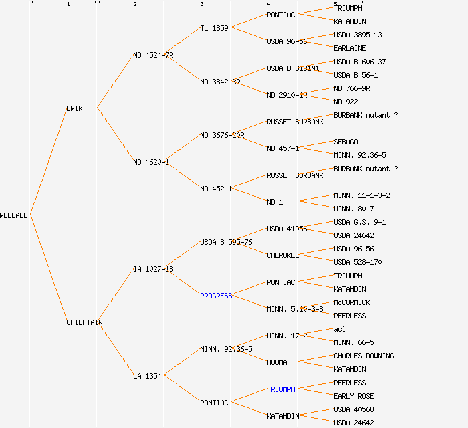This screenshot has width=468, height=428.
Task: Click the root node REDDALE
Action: point(14,215)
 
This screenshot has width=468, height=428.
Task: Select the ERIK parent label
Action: point(74,108)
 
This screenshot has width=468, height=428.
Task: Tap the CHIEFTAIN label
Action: point(84,322)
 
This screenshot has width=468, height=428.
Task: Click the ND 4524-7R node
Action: point(153,55)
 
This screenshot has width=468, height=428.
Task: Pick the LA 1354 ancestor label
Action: point(147,376)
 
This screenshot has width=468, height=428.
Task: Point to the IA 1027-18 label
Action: point(153,269)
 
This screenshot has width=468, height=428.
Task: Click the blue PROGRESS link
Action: point(216,296)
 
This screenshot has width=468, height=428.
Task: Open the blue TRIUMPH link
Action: point(281,389)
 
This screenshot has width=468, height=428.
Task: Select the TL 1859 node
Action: point(214,28)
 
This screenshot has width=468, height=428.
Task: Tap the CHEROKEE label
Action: point(283,255)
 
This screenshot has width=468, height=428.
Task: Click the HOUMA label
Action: point(277,362)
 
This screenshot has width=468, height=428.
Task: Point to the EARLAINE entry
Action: point(350,48)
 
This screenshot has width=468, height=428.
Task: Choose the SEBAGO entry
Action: point(346,142)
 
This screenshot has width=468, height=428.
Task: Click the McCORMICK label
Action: point(352,302)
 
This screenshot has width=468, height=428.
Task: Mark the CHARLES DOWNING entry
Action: point(364,356)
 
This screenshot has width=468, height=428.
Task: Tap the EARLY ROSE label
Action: point(354,396)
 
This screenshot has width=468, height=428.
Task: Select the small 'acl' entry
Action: point(340,329)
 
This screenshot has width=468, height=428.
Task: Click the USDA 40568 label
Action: point(354,409)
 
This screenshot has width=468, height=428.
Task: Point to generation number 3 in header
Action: point(202,4)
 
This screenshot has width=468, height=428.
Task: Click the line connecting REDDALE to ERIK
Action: point(48,162)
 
